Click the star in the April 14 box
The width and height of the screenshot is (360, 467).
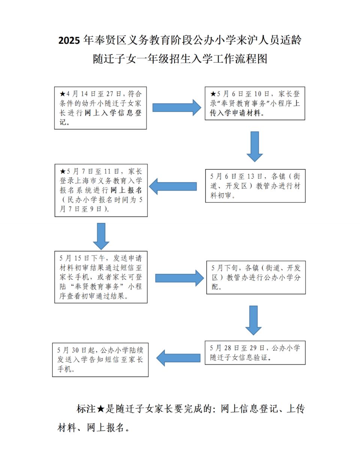click(x=63, y=94)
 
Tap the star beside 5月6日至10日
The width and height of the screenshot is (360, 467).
click(x=213, y=94)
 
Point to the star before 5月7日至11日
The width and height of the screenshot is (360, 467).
click(x=63, y=171)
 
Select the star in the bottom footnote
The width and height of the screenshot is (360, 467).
click(x=100, y=409)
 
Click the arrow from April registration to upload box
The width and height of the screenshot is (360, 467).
click(x=177, y=108)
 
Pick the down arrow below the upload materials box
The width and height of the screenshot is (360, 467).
click(x=255, y=147)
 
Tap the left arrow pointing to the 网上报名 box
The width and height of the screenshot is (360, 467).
click(x=173, y=186)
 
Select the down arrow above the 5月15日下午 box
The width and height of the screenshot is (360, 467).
click(x=101, y=236)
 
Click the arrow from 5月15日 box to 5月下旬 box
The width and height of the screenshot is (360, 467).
click(x=180, y=278)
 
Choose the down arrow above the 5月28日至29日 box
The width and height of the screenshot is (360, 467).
click(x=253, y=320)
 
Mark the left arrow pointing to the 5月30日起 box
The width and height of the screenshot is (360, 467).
click(x=178, y=358)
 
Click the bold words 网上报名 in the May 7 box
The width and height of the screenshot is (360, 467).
click(x=126, y=190)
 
